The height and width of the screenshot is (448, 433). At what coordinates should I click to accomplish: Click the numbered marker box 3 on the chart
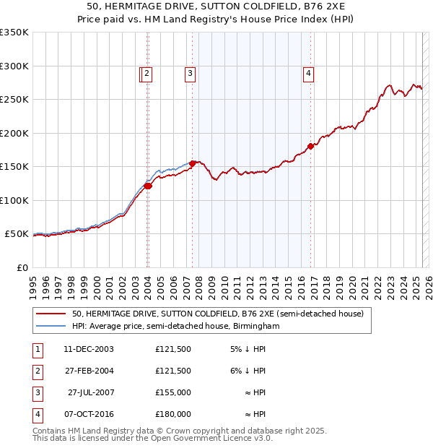point(189,72)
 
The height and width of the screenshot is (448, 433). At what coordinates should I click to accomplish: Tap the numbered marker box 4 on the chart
point(308,72)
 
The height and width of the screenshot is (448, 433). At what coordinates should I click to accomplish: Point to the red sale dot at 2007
point(193,163)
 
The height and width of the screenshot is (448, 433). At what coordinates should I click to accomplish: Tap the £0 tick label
point(21,267)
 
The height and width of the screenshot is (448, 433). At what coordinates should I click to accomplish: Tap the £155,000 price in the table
point(173,392)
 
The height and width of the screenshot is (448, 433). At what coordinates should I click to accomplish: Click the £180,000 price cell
point(173,414)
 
